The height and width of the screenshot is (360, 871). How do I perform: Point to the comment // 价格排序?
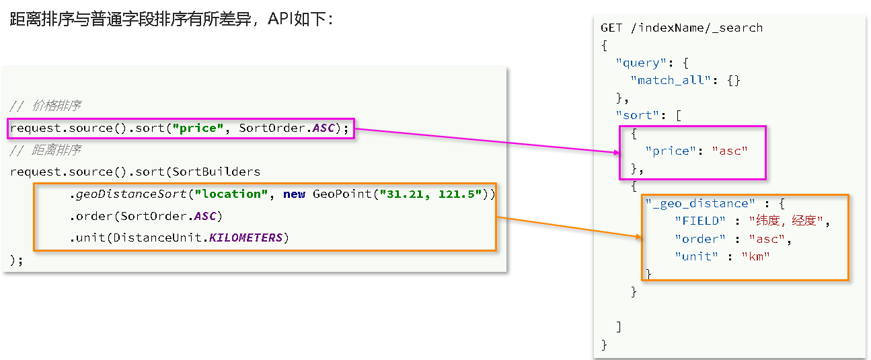pyautogui.click(x=46, y=106)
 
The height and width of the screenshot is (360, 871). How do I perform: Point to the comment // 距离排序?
pyautogui.click(x=46, y=149)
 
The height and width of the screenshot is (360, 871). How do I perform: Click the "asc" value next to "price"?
pyautogui.click(x=730, y=151)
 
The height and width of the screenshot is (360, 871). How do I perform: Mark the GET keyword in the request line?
pyautogui.click(x=611, y=28)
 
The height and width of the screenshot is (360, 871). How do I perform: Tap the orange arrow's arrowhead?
pyautogui.click(x=638, y=236)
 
